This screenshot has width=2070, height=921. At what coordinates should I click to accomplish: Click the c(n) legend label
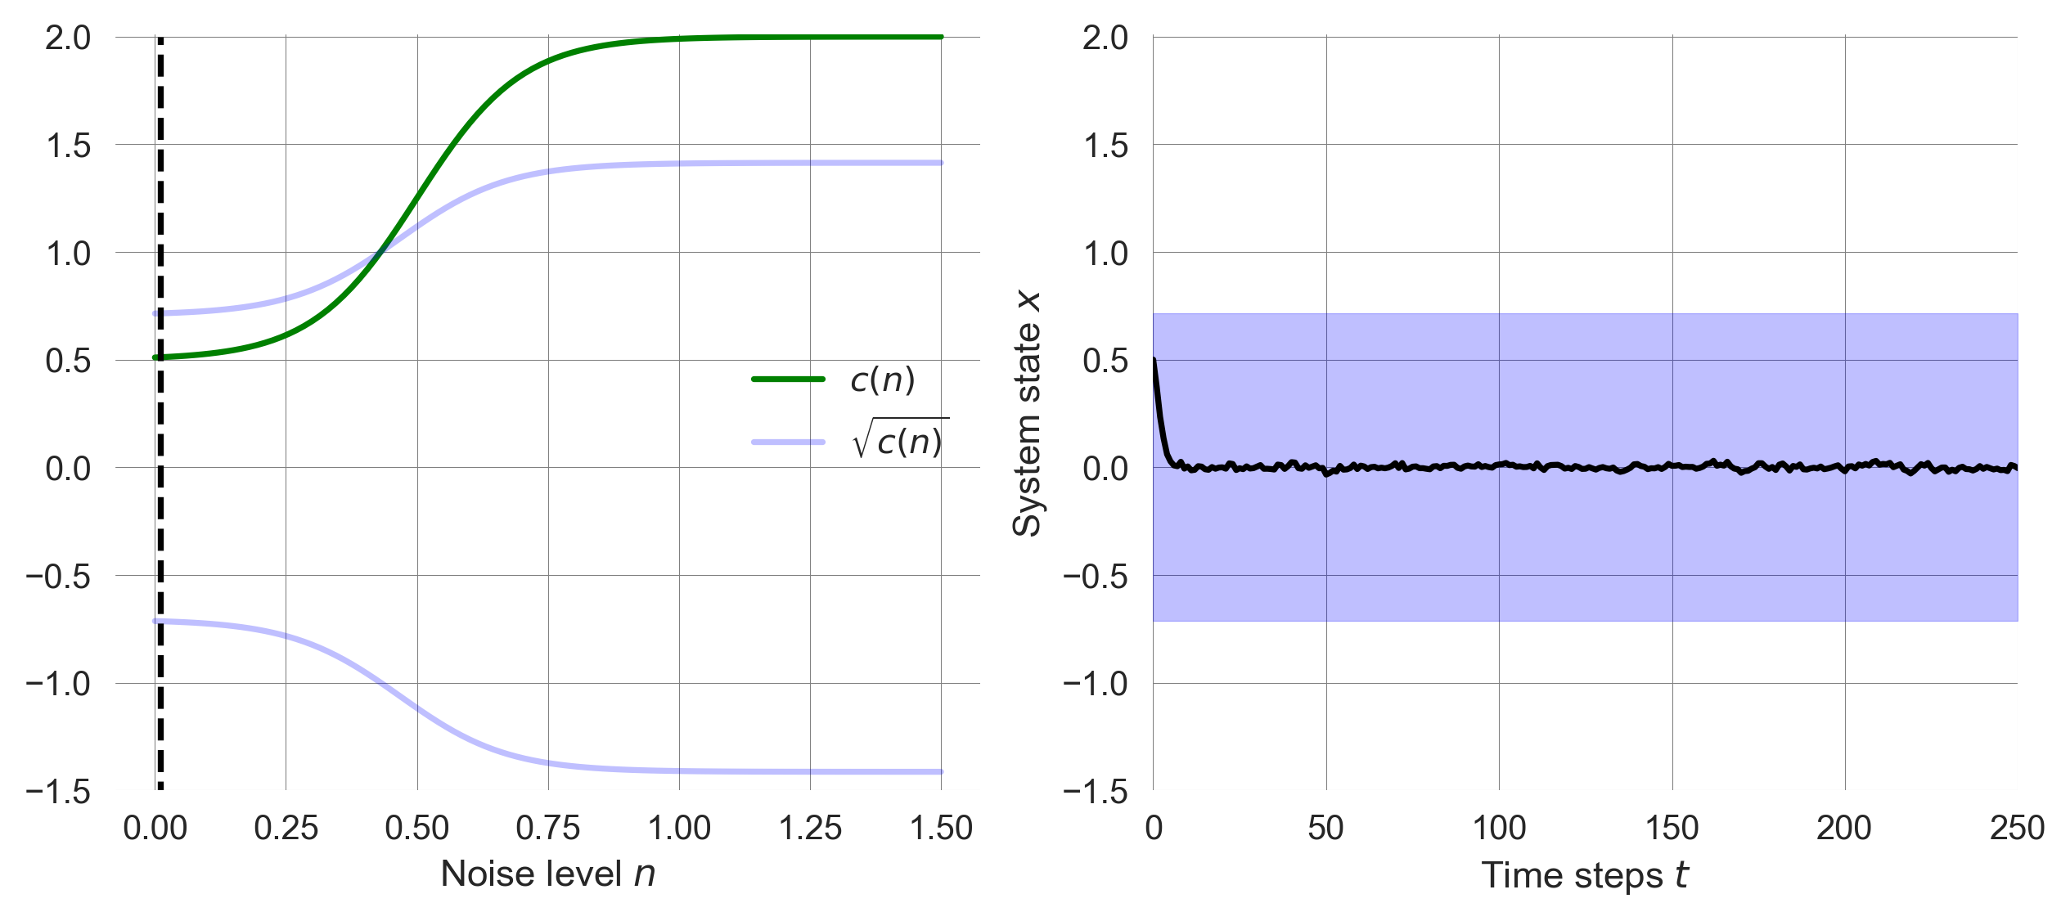coord(882,380)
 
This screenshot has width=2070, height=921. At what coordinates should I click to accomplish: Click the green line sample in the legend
coord(787,379)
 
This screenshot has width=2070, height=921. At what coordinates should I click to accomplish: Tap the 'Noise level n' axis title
coord(547,874)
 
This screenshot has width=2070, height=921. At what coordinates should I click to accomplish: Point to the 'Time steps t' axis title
coord(1584,875)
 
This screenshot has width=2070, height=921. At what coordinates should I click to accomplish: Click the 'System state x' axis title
coord(1027,414)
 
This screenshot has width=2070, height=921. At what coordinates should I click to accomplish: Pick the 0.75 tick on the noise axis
coord(547,829)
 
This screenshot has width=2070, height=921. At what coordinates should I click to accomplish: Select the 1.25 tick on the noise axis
coord(810,829)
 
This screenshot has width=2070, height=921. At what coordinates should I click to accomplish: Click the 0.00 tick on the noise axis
coord(155,829)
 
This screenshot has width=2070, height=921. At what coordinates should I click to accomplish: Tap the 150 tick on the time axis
coord(1672,829)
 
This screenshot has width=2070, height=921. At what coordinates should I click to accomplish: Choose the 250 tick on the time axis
coord(2017,829)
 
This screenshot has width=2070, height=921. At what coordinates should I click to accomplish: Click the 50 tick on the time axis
coord(1325,829)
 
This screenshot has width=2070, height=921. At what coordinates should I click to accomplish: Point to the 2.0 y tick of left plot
coord(68,38)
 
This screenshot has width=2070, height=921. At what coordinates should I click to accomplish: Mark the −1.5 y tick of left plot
coord(58,792)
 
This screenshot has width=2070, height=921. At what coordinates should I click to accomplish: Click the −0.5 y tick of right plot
coord(1096,577)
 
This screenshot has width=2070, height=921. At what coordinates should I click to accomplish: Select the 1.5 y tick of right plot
coord(1105,146)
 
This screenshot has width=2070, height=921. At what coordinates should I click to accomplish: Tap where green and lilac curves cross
coord(378,254)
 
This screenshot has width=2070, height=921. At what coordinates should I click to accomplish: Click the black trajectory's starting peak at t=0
coord(1154,360)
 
